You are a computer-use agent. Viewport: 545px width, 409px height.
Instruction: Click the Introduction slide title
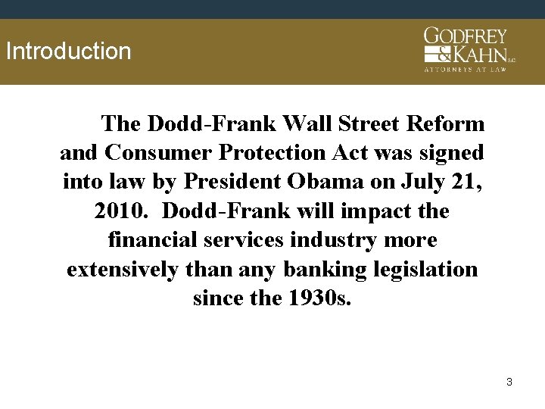(x=68, y=52)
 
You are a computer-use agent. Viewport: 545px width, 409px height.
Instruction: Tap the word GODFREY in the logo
(x=465, y=36)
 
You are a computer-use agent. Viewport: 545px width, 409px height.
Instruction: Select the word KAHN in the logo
(x=479, y=54)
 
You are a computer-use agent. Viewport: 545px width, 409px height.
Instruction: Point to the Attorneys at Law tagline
(x=466, y=69)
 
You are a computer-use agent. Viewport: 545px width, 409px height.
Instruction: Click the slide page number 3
(x=509, y=382)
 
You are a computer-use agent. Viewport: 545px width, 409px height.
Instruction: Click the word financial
(x=152, y=241)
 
